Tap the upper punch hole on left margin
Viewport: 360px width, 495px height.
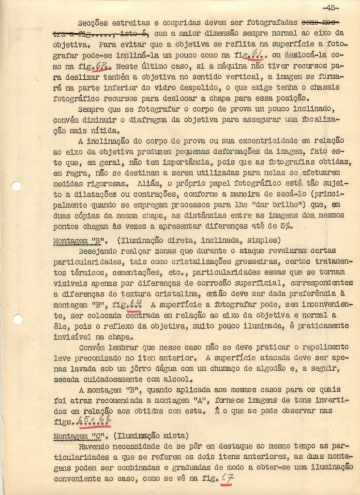point(16,186)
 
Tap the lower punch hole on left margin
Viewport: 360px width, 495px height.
point(17,319)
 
